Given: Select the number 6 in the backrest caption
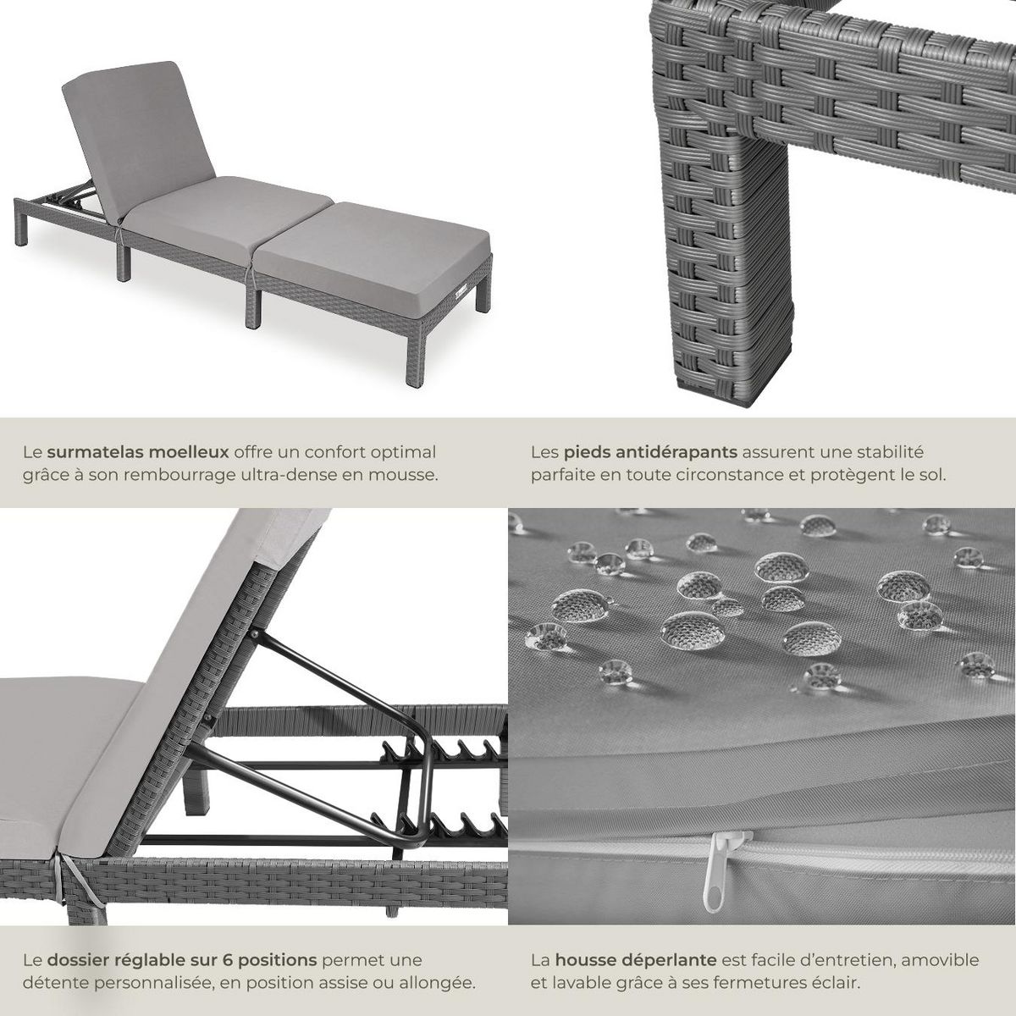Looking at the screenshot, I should pos(228,960).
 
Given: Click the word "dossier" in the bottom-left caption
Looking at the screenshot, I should pos(79,960).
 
